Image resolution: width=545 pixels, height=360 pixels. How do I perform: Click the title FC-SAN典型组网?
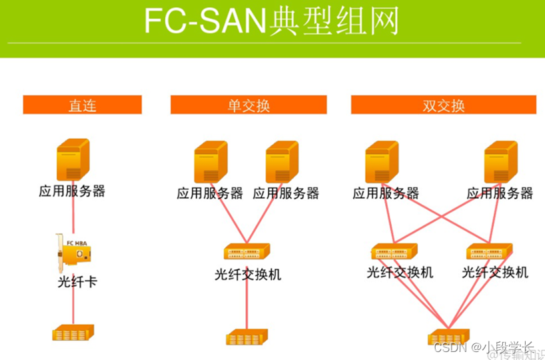272,21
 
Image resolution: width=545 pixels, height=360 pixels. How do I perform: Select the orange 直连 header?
83,105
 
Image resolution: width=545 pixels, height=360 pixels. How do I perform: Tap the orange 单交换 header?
249,105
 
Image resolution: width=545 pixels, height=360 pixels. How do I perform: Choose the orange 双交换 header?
444,105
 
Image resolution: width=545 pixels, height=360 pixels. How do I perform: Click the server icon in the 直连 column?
73,159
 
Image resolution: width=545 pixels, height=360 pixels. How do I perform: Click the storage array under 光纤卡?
73,332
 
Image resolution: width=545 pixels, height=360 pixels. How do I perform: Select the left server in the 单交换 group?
211,162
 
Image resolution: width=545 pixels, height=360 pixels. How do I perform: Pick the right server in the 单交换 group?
282,162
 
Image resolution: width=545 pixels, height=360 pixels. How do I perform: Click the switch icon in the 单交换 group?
247,253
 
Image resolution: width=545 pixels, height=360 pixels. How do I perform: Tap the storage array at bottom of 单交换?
247,337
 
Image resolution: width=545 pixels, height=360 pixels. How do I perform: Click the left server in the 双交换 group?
382,162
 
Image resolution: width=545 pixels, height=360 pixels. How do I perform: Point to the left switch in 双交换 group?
394,253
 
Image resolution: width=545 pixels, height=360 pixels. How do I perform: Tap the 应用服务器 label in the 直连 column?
72,191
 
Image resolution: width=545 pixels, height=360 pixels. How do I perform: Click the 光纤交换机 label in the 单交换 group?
248,274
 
